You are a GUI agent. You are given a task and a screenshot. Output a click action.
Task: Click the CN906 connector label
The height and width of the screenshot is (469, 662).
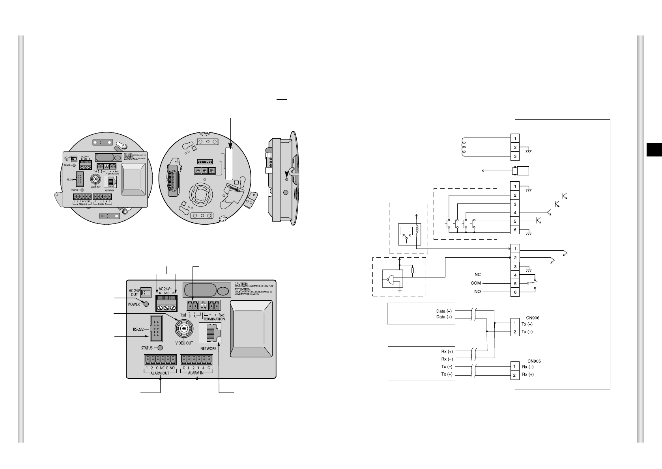(x=533, y=317)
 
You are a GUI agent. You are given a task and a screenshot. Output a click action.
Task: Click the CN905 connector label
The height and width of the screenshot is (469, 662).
(x=534, y=361)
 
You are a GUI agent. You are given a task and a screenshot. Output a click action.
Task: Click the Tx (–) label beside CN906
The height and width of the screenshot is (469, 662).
(x=527, y=324)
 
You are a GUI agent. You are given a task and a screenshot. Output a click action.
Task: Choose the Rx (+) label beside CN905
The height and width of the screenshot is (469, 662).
(x=528, y=374)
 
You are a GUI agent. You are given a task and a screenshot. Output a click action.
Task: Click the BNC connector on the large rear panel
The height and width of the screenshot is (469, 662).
(x=184, y=328)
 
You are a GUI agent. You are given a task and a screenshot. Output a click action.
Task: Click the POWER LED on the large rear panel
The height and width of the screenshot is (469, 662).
(x=146, y=304)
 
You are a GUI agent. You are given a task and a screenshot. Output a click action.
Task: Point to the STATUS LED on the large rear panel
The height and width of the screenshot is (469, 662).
(x=160, y=348)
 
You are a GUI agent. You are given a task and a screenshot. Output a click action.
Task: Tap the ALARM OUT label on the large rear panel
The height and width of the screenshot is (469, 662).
(x=159, y=373)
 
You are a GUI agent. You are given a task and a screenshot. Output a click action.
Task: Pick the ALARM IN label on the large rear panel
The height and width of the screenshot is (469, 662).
(x=196, y=373)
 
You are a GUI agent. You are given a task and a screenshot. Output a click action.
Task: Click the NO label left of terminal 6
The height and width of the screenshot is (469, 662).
(x=477, y=292)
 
